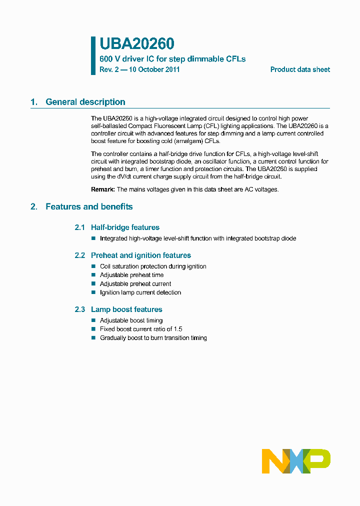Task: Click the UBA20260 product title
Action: click(x=136, y=44)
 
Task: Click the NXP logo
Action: click(x=296, y=461)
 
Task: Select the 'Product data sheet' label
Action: click(x=300, y=69)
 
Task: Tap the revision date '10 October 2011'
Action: click(x=154, y=69)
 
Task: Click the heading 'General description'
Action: click(x=85, y=102)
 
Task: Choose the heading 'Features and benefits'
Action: click(x=89, y=206)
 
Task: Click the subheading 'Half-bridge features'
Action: click(x=125, y=227)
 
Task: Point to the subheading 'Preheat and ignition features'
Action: click(x=140, y=255)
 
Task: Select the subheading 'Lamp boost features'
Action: click(x=126, y=309)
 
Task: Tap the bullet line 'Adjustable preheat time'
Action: click(x=131, y=275)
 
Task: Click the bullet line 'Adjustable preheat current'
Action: click(x=135, y=284)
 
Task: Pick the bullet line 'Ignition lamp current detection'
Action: click(x=140, y=292)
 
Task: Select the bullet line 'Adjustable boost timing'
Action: click(x=131, y=320)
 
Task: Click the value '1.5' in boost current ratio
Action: click(x=177, y=329)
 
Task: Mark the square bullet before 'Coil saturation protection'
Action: click(x=93, y=266)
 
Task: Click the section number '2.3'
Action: click(x=80, y=309)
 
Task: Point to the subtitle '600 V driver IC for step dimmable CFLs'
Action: click(x=172, y=58)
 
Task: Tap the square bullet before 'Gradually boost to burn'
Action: click(x=93, y=338)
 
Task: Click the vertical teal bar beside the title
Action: click(x=93, y=55)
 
